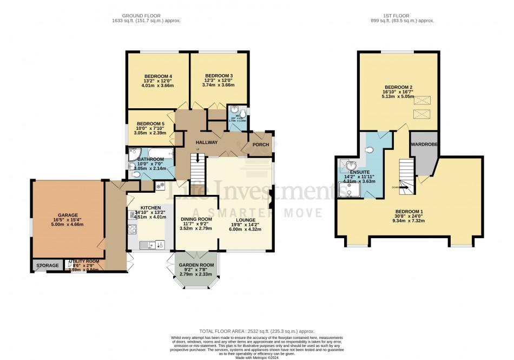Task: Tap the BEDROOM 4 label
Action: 157,76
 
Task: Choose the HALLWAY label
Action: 207,142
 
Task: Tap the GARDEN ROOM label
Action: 196,265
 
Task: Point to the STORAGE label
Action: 47,266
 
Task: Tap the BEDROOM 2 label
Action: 399,87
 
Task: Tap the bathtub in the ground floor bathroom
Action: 158,154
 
